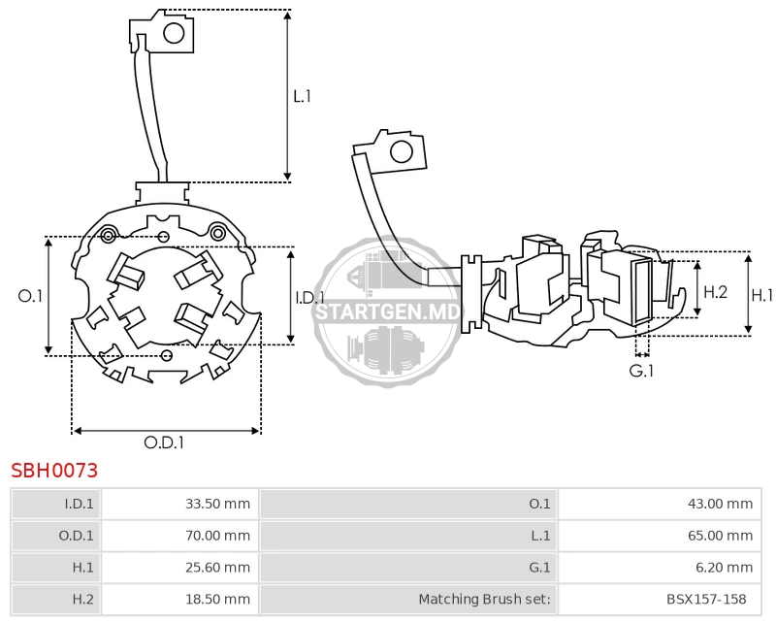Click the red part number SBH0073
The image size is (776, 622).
(54, 471)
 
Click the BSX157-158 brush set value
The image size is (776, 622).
(706, 599)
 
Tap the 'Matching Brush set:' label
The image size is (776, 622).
(484, 599)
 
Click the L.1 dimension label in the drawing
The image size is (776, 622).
(302, 96)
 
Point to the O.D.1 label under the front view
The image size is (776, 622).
(164, 442)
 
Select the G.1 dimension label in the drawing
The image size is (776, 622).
(641, 371)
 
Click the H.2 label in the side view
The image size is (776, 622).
(716, 292)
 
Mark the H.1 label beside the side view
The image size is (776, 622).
(762, 296)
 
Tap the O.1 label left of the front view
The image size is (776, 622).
(30, 296)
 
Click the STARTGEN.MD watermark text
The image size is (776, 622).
(388, 312)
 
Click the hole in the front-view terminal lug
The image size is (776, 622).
(174, 34)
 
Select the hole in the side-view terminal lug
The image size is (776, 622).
(402, 152)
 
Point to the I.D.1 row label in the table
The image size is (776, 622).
(80, 504)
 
